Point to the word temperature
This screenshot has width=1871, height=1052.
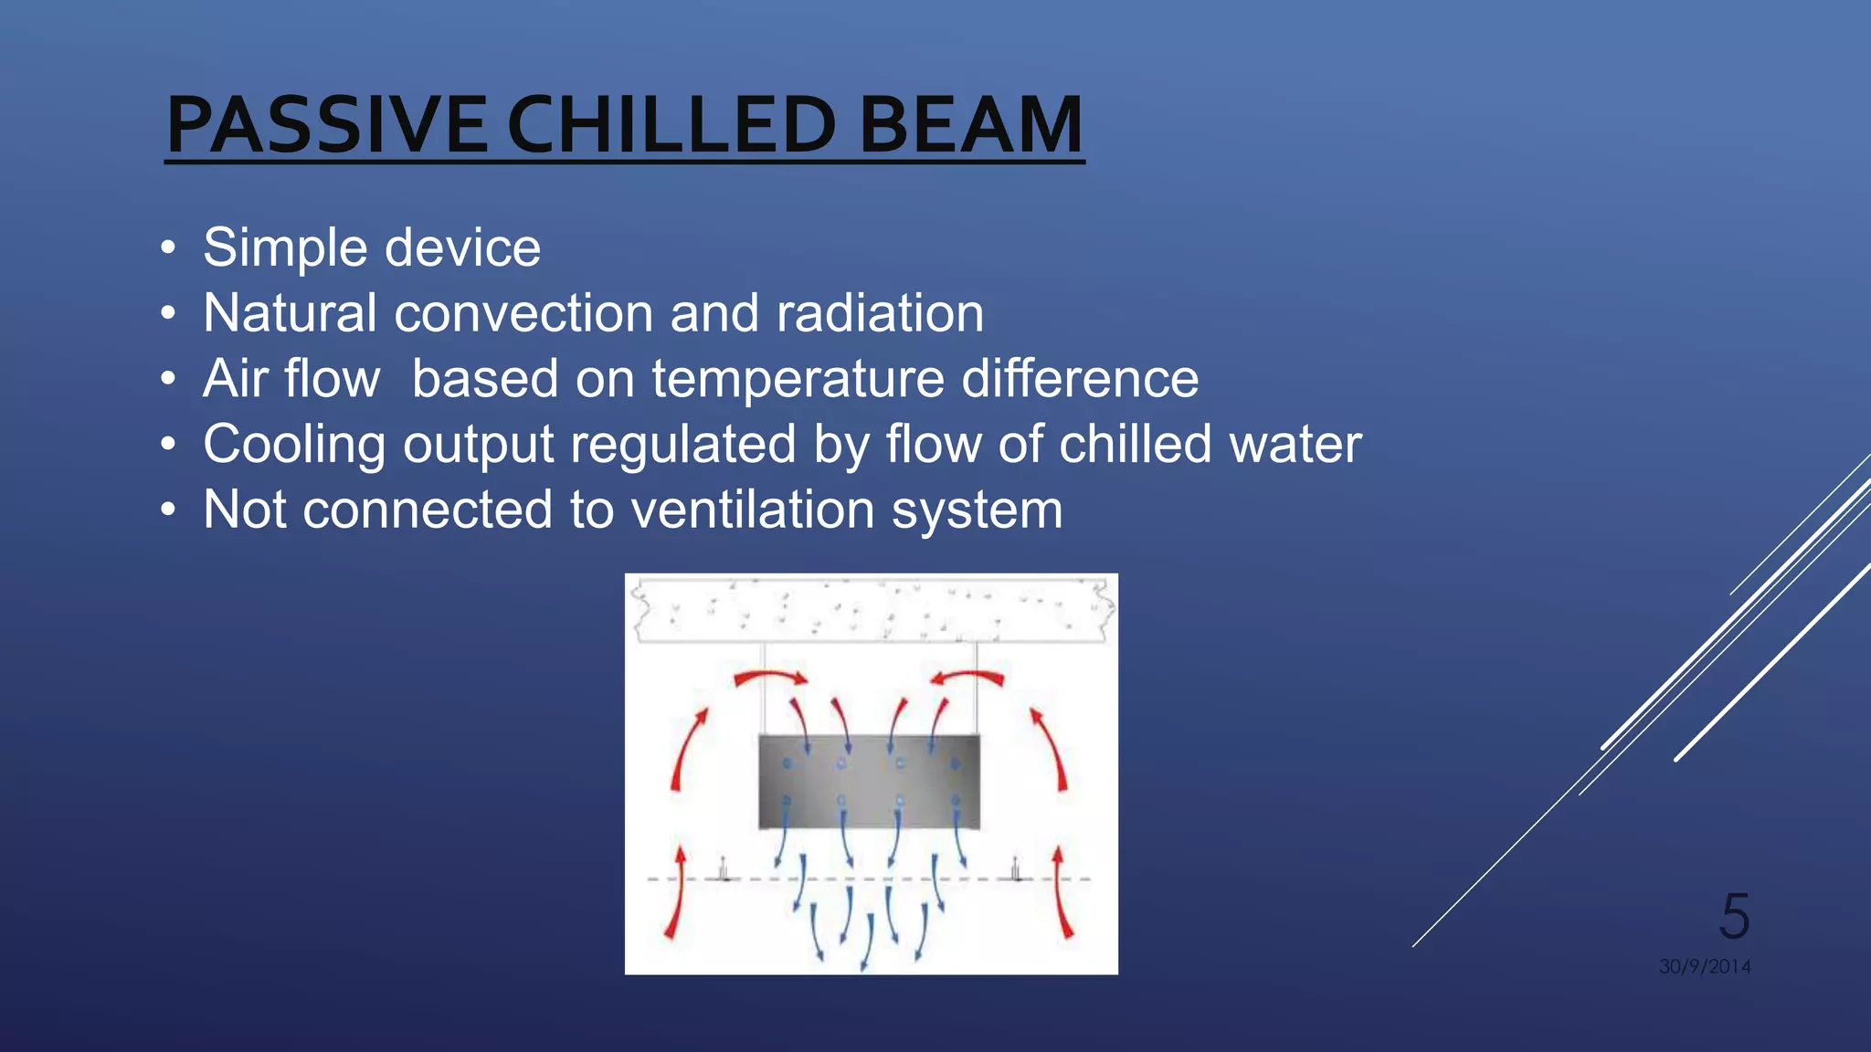pyautogui.click(x=798, y=379)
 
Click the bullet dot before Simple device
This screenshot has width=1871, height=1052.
pyautogui.click(x=167, y=248)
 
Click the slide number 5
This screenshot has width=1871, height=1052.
pyautogui.click(x=1734, y=916)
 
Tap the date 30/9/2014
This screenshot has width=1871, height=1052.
pyautogui.click(x=1705, y=966)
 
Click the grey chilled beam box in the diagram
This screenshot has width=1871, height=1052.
pyautogui.click(x=869, y=782)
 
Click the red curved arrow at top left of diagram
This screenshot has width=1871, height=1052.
pyautogui.click(x=770, y=678)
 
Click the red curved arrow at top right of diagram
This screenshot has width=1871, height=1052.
pyautogui.click(x=967, y=678)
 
